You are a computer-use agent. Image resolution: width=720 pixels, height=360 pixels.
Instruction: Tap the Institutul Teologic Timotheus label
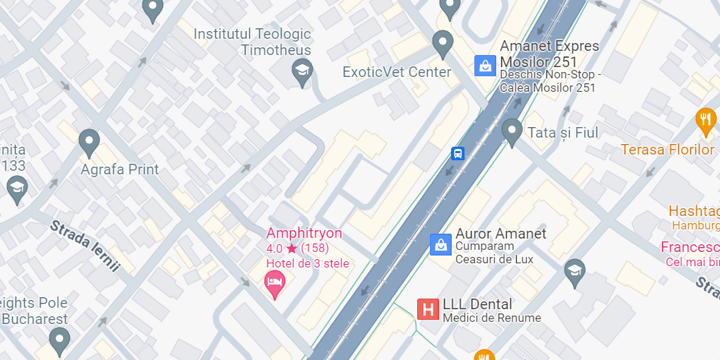coord(252,42)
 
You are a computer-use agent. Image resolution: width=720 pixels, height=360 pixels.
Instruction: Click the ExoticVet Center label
coord(396,72)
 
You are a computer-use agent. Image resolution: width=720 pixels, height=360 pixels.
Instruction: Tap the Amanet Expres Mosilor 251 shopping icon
coord(485,66)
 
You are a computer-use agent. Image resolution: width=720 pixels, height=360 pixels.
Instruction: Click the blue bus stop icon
coord(457,153)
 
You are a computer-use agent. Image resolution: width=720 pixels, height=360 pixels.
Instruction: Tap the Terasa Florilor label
coord(668,150)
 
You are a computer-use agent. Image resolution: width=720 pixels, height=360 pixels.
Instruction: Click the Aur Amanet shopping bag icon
coord(440,245)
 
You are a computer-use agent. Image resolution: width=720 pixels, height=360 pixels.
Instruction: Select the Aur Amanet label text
coord(500,234)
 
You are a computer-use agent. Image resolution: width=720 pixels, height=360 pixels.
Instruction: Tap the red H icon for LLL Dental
coord(428,309)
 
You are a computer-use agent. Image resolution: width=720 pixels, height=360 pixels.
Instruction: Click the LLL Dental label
coord(477,305)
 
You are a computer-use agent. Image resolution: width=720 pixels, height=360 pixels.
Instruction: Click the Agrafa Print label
coord(119,169)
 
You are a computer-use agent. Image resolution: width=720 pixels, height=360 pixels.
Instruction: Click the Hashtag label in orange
coord(693,211)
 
